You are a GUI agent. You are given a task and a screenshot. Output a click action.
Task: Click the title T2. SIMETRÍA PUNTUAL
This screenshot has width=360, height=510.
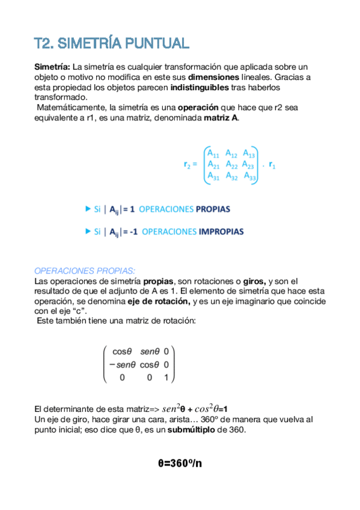click(x=112, y=44)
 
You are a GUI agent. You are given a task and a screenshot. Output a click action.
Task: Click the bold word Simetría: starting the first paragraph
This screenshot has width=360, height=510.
click(x=52, y=67)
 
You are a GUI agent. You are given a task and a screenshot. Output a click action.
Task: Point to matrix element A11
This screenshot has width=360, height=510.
click(x=212, y=153)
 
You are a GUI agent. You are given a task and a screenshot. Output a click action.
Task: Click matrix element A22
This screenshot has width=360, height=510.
click(x=231, y=164)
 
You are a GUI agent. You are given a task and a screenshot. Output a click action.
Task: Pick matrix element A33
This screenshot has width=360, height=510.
click(x=250, y=176)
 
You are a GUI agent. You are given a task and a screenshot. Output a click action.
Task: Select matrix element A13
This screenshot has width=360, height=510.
click(x=249, y=153)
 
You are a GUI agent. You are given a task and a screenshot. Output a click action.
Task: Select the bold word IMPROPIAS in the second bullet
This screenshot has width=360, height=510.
click(x=221, y=232)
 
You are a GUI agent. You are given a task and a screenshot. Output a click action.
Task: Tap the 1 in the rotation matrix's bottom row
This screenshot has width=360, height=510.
click(x=165, y=378)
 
